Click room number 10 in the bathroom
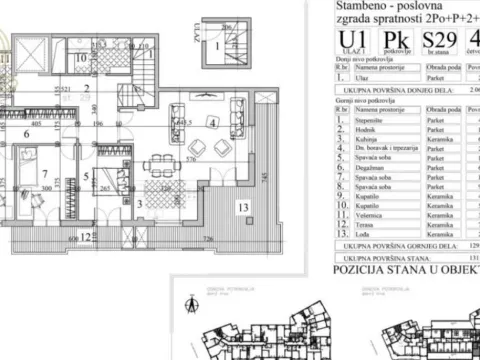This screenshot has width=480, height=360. (79, 58)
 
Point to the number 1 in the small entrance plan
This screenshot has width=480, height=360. (213, 47)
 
